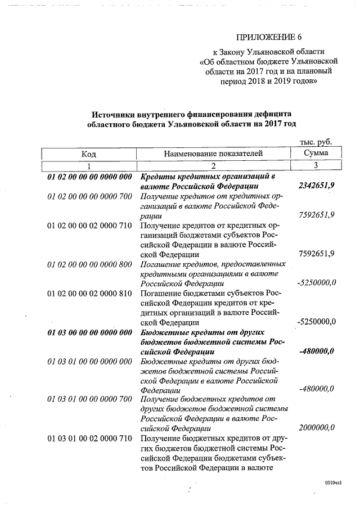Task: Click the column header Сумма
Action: point(316,153)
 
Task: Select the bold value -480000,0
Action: point(317,352)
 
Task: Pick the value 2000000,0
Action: point(316,427)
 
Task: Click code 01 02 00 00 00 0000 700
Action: point(90,196)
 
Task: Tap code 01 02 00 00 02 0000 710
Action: point(90,226)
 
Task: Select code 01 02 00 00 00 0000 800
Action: point(90,264)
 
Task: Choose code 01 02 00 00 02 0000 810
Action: point(90,293)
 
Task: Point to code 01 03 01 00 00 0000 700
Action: point(90,399)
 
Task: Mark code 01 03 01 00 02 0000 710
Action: point(90,438)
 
